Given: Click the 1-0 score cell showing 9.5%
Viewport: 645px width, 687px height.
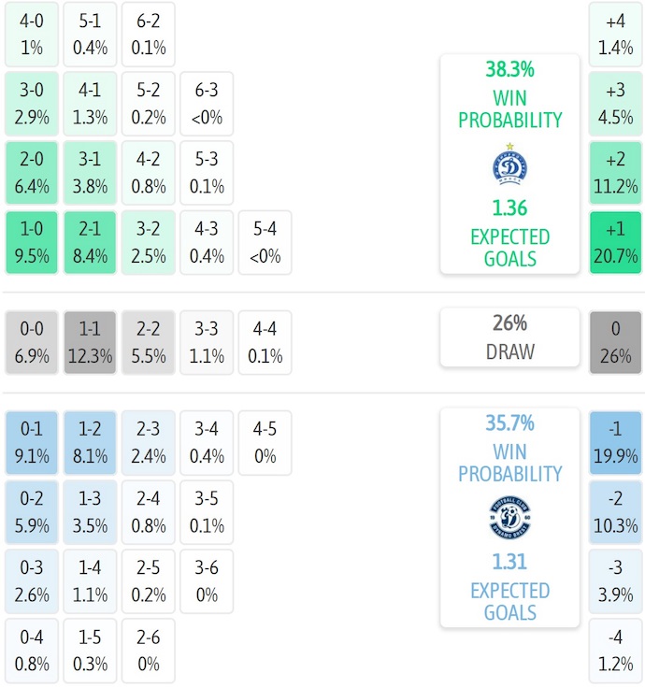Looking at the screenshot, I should tap(32, 242).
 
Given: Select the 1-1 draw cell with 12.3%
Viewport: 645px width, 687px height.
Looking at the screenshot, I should tap(90, 342).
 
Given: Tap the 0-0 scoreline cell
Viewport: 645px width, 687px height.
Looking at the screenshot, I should tap(32, 342).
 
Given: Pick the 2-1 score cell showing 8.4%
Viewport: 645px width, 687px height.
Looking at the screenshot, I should tap(90, 242).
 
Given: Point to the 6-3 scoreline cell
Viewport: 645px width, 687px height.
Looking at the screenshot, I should tap(207, 104).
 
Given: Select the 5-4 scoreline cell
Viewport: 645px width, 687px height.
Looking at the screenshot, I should tap(265, 242).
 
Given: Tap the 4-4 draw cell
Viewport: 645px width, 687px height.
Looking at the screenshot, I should tap(265, 342).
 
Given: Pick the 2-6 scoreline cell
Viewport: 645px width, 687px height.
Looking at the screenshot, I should tap(149, 651).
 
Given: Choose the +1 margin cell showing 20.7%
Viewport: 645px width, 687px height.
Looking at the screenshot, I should tap(615, 242).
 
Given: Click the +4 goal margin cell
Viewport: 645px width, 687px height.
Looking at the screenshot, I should tap(615, 35).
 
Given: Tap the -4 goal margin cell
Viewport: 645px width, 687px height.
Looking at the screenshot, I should tap(615, 651).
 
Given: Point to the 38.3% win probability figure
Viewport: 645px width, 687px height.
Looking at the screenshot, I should tap(509, 69).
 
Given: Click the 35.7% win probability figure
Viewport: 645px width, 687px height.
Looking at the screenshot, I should tap(509, 423).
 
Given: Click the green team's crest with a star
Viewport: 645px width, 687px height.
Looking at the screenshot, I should tap(509, 165).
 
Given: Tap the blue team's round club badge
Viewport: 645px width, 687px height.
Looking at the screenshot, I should tap(509, 517).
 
